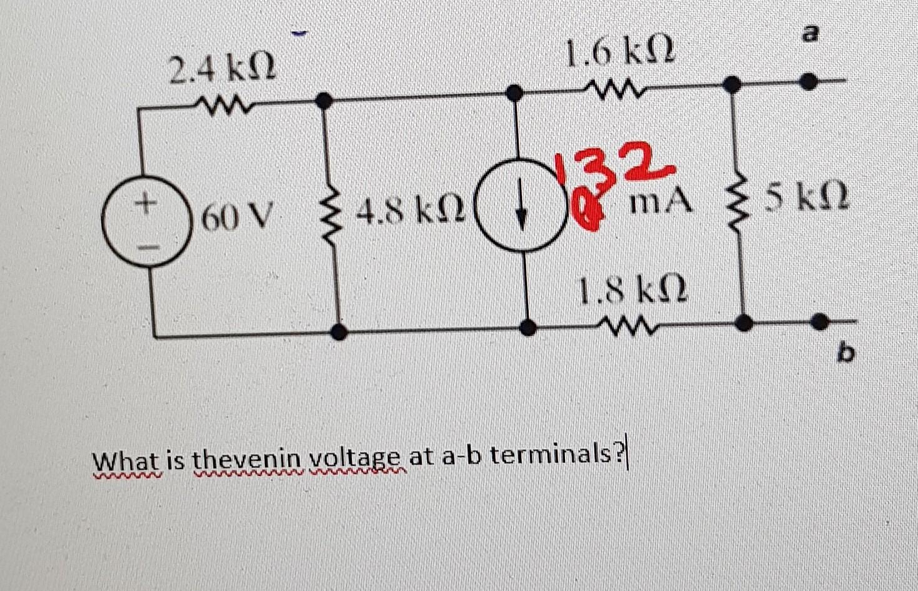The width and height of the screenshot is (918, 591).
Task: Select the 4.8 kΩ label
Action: (x=410, y=215)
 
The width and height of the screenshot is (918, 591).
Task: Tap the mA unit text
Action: (x=663, y=201)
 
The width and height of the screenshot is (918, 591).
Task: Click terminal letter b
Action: (x=845, y=354)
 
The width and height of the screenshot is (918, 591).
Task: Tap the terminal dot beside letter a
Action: (x=810, y=81)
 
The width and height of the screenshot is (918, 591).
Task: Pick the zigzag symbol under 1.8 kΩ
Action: (x=626, y=325)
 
